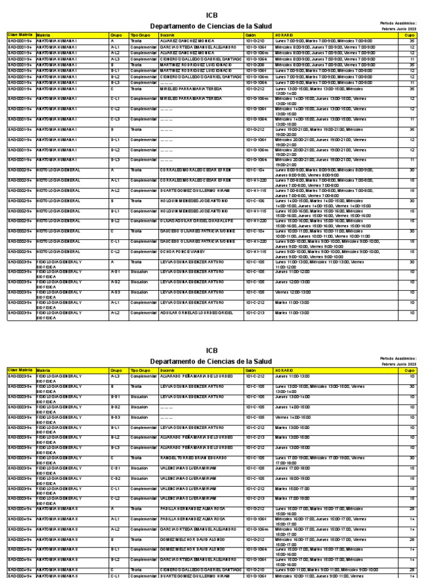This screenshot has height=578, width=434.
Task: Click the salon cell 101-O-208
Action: click(255, 65)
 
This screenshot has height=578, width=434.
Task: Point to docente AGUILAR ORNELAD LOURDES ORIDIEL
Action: click(192, 312)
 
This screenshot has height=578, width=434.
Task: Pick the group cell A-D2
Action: click(115, 282)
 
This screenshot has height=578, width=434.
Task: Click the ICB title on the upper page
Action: click(211, 15)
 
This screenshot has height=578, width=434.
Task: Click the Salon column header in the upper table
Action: click(251, 35)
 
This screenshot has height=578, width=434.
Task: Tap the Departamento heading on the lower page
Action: click(211, 361)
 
